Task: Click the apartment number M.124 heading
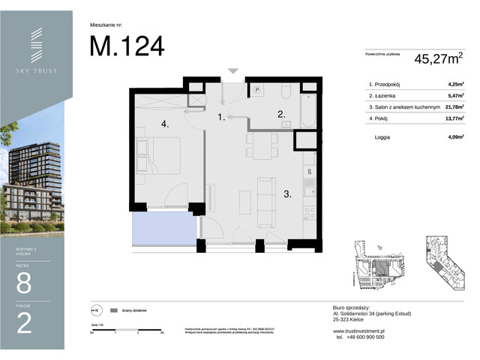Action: (127, 46)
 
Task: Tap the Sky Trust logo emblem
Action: (36, 46)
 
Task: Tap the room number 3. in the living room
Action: (286, 193)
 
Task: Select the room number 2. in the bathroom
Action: (281, 115)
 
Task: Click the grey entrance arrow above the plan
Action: (233, 71)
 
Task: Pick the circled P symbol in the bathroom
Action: (256, 88)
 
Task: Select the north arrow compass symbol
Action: (95, 310)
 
